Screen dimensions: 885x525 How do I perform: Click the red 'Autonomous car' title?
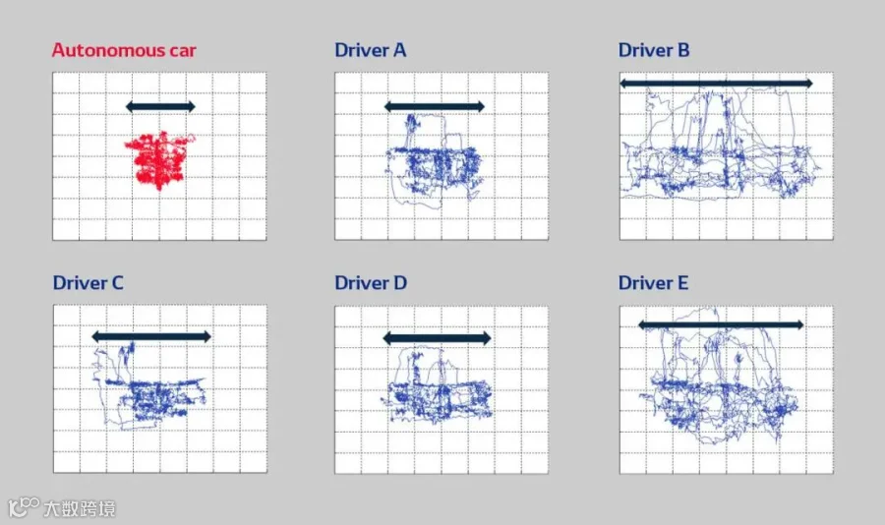pos(124,50)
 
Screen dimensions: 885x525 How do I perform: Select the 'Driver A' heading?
pos(371,50)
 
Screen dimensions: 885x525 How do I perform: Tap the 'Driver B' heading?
pos(654,50)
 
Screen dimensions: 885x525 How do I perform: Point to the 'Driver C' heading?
pos(88,283)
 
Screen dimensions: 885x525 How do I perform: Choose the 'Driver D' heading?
pos(371,283)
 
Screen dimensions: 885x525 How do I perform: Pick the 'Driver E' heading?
pos(653,283)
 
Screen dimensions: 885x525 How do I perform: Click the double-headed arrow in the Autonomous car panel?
pos(160,106)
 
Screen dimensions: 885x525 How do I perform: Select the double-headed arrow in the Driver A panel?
pos(434,106)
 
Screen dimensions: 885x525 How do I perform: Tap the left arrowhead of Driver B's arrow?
pos(624,84)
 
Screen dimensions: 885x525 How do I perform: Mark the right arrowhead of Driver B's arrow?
pos(808,84)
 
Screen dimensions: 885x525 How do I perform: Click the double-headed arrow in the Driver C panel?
pos(151,337)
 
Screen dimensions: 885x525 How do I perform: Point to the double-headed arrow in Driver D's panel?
pos(437,338)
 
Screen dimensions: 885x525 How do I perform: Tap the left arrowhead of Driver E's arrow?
pos(643,324)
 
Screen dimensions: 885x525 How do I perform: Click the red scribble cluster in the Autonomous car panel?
pos(159,160)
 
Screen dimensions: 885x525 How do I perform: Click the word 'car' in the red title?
pos(182,51)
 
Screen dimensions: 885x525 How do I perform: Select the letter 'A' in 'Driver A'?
pos(399,50)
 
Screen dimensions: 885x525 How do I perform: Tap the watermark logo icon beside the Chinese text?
pos(24,506)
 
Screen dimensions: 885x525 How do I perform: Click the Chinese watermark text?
pos(80,508)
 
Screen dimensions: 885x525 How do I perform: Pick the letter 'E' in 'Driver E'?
pos(683,283)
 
